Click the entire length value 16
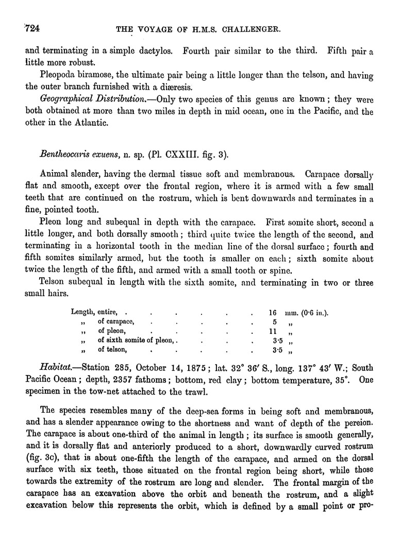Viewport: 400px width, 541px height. [x=273, y=313]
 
